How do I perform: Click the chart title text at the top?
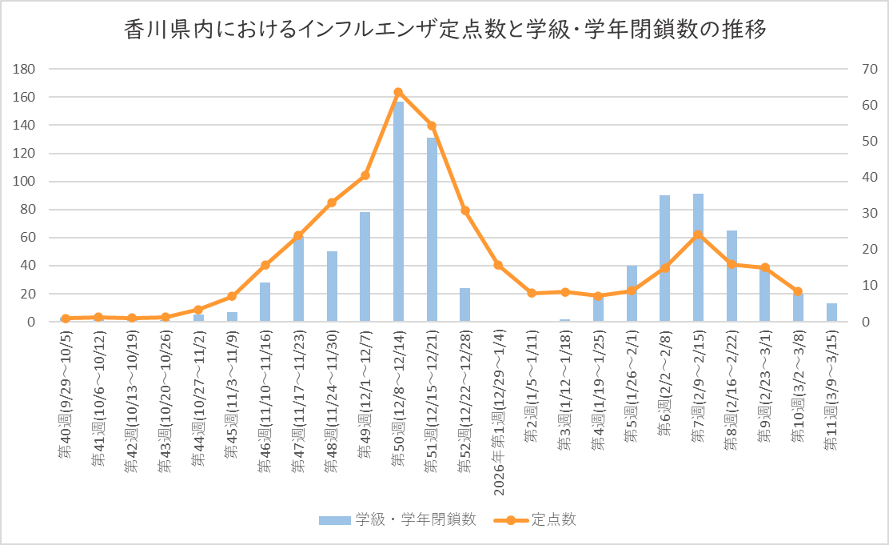coord(444,30)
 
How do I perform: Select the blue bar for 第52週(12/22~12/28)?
coord(464,305)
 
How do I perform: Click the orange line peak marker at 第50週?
coord(398,92)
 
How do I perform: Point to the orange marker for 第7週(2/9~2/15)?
coord(698,234)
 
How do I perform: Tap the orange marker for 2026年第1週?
coord(498,265)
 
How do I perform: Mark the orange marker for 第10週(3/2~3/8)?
coord(798,291)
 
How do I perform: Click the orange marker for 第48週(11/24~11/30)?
coord(332,202)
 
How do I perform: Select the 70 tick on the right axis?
coord(868,69)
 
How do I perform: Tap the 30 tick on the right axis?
coord(868,214)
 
